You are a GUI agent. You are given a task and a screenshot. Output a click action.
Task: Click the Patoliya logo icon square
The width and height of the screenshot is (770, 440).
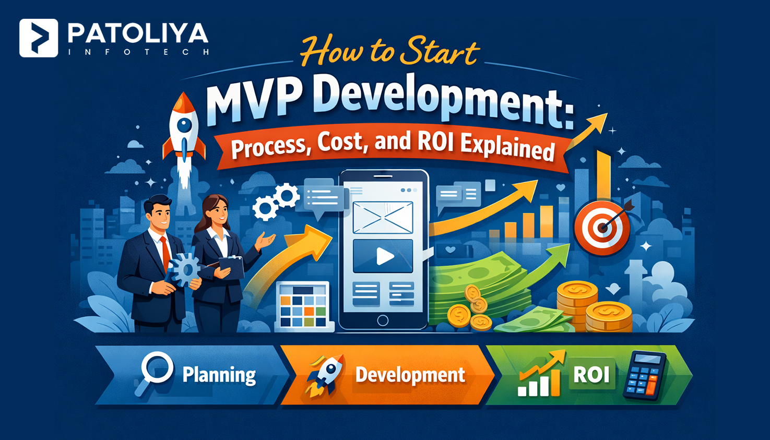39,38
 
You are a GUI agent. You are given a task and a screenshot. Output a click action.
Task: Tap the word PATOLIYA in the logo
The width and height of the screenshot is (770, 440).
138,34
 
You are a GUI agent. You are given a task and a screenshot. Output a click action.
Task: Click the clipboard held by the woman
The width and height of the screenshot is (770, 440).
231,266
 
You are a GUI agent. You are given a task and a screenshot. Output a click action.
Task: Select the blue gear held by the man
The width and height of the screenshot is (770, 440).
184,269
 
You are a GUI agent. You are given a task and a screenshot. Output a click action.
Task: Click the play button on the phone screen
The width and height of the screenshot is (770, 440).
383,256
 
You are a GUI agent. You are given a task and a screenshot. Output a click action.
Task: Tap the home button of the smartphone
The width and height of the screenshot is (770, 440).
383,320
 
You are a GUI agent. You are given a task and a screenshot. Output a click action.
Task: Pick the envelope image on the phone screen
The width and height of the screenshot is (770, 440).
383,217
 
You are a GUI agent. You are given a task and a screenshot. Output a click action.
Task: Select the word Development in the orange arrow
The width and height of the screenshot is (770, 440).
410,375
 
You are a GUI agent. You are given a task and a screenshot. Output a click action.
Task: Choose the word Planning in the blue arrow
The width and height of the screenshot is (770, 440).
219,375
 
